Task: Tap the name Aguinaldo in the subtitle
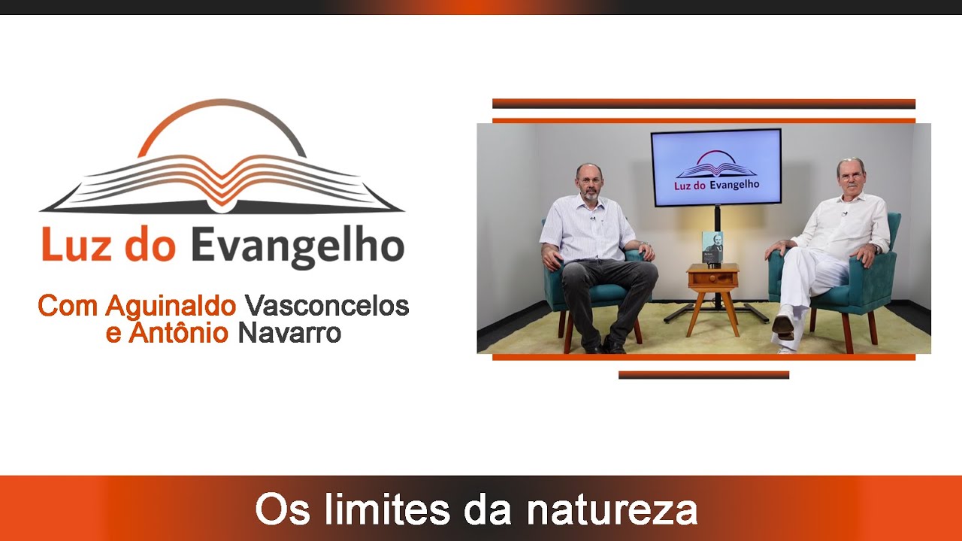[x=171, y=306]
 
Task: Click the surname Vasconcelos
[x=327, y=306]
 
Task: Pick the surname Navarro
[x=289, y=333]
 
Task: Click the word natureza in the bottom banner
[x=612, y=509]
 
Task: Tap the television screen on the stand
[x=716, y=167]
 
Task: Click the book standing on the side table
[x=712, y=247]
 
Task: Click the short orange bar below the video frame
[x=703, y=374]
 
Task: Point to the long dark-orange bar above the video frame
[x=703, y=104]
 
